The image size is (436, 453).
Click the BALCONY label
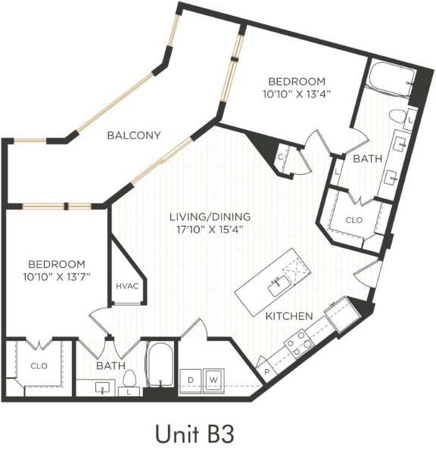(133, 135)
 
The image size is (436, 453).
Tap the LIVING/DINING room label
(210, 217)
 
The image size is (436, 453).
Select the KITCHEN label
(288, 315)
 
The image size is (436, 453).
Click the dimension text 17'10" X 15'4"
(210, 230)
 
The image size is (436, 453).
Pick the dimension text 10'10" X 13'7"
(57, 276)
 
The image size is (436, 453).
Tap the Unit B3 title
(195, 433)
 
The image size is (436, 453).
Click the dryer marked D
(191, 378)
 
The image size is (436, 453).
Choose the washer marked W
(213, 378)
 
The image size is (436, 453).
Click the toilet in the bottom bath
(129, 379)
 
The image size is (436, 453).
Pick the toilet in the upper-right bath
(397, 117)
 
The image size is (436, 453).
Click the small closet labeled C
(282, 157)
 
